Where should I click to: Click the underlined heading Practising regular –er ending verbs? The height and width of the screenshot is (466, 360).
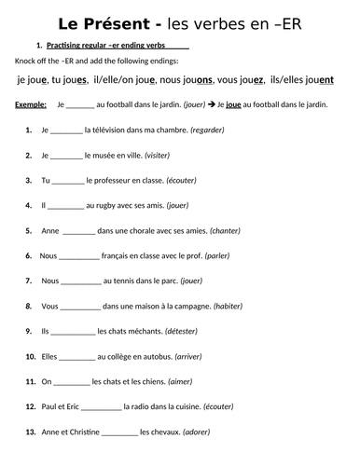(109, 45)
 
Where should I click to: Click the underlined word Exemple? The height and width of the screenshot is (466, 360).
(31, 105)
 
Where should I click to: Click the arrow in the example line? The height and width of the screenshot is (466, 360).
(211, 105)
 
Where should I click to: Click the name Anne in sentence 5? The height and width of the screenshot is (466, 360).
(49, 230)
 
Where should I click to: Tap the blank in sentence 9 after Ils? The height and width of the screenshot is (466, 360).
(71, 331)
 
